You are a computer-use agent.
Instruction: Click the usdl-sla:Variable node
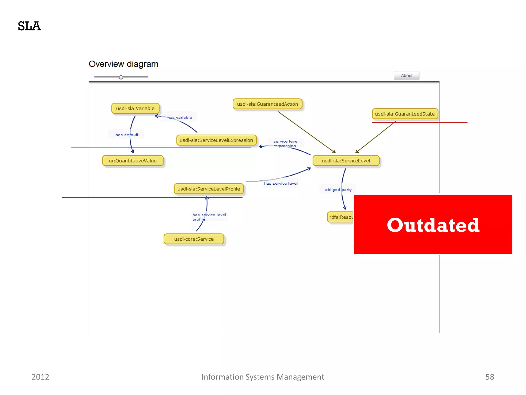coord(135,108)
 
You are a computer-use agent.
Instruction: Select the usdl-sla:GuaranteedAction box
coord(267,104)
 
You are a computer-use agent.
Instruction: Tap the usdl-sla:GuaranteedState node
coord(405,114)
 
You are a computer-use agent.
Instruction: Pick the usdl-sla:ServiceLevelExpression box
coord(216,140)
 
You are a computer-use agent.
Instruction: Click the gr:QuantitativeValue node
coord(133,161)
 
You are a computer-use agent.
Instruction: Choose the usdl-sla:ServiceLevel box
coord(346,161)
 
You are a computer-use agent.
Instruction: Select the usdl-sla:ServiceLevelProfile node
coord(209,189)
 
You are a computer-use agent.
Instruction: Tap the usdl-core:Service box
coord(194,239)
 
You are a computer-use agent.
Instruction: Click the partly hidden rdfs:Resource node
coord(341,217)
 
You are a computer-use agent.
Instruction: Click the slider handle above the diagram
coord(121,77)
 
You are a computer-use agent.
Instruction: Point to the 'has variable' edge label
coord(180,118)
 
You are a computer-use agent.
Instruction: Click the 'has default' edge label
coord(127,134)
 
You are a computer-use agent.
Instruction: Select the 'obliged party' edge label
coord(338,190)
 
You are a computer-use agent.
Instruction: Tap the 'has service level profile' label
coord(209,217)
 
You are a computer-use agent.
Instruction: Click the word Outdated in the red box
coord(433,225)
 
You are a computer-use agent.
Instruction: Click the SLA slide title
coord(29,26)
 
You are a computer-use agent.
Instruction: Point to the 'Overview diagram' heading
coord(123,64)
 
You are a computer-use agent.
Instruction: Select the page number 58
coord(490,377)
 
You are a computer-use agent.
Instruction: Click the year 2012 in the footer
coord(40,377)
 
